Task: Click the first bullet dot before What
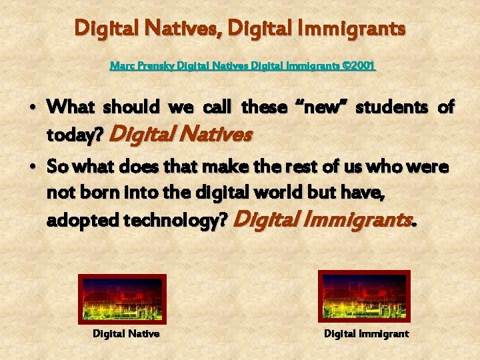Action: point(33,107)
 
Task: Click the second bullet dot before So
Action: point(33,167)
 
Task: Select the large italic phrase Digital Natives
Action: point(181,134)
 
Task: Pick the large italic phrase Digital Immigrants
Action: point(325,218)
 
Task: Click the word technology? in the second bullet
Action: point(177,220)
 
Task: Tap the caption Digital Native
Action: point(125,333)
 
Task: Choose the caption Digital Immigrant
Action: point(366,333)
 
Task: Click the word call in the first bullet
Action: point(216,106)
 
